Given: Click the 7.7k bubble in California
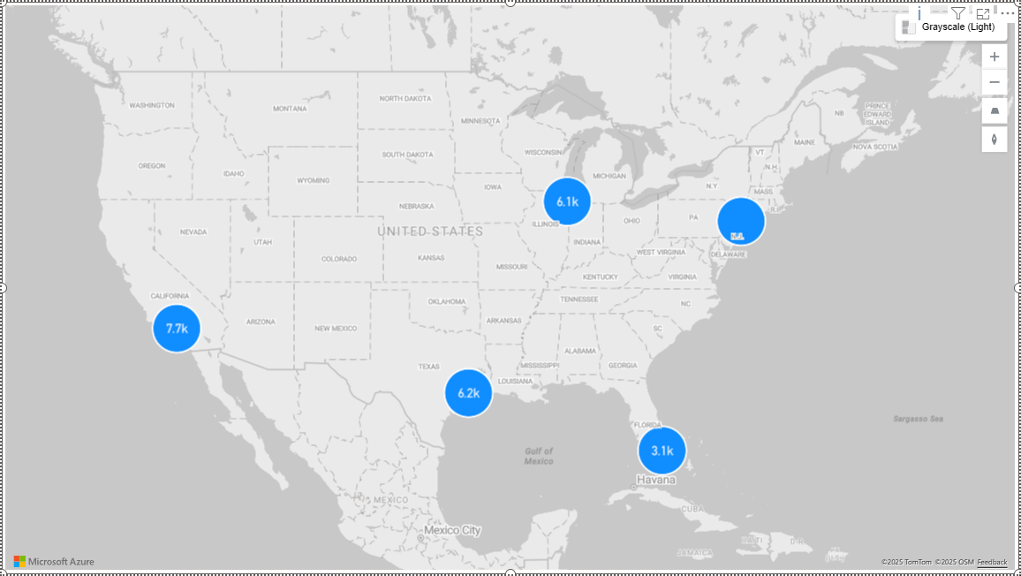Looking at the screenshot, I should tap(177, 329).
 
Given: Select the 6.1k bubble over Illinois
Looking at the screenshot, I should tap(567, 201).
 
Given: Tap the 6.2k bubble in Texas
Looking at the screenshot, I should tap(468, 393).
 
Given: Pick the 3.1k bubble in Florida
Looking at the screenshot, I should tap(662, 451).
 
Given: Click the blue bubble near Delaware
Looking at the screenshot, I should tap(741, 221).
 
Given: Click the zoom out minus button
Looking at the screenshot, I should tap(995, 83).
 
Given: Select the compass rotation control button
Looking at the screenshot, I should tap(995, 140).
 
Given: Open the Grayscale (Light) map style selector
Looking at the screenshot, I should tap(950, 27).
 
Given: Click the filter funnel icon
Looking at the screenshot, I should tap(958, 13).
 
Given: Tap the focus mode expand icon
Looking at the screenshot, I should tap(983, 13).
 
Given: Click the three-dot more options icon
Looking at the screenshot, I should tap(1008, 13).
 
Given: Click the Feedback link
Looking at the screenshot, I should tap(992, 563).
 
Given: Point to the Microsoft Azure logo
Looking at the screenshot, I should tap(54, 562).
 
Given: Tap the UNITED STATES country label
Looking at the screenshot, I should tap(430, 231).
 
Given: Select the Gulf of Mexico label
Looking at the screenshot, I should tap(538, 456).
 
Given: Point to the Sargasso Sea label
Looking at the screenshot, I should tap(918, 419).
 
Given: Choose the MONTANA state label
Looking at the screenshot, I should tap(290, 109).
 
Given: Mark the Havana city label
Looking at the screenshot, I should tap(656, 480).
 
